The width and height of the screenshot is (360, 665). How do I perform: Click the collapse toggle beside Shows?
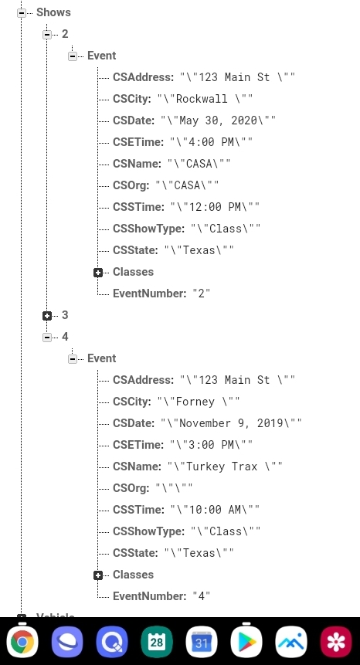(22, 13)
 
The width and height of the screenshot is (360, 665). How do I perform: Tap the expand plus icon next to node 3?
(47, 316)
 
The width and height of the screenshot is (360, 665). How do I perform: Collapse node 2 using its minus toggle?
(47, 34)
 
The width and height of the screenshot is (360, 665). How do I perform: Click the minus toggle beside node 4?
(47, 338)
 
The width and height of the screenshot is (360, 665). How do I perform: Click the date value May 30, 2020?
(218, 120)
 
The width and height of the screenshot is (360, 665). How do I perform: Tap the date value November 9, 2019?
(231, 423)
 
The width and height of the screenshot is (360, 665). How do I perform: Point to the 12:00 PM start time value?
(215, 207)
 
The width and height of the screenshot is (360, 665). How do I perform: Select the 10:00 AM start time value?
(215, 510)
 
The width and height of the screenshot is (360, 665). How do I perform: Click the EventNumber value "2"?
(202, 293)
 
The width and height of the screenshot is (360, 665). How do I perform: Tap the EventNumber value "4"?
(202, 596)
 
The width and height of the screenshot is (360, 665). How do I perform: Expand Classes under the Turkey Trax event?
(98, 575)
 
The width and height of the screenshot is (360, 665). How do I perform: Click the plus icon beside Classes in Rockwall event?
(98, 273)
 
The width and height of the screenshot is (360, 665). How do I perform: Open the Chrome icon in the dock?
(22, 642)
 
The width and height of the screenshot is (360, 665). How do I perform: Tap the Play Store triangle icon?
(246, 642)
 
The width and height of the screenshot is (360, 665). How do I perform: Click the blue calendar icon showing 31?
(202, 642)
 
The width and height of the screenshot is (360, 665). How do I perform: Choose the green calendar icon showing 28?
(157, 642)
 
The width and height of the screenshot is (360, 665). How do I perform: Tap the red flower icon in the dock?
(336, 642)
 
